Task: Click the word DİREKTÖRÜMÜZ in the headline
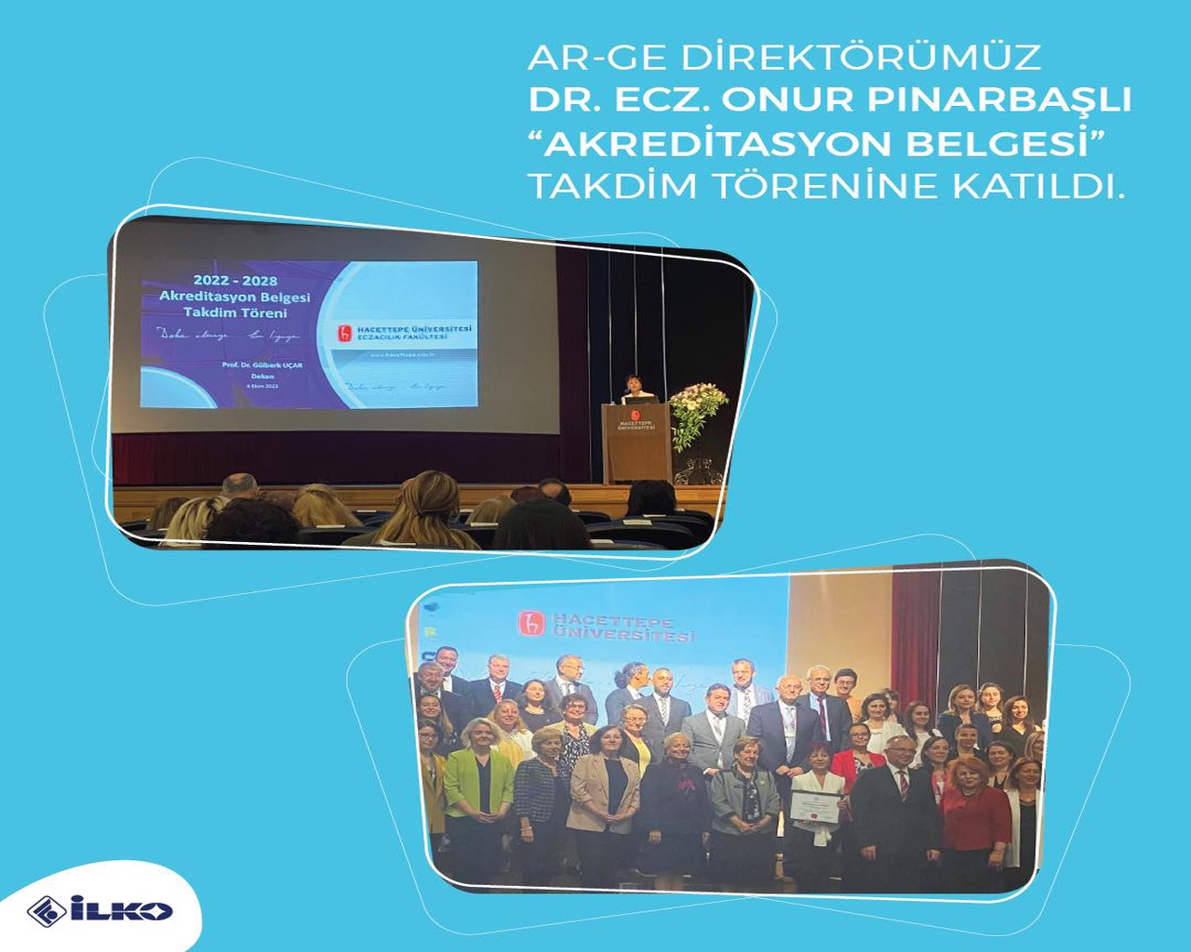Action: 860,58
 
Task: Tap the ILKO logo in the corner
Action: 100,910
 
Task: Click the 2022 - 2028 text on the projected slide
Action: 234,280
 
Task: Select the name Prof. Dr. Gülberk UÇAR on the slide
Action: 261,365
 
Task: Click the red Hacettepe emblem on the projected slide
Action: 345,333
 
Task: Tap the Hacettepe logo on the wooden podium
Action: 636,419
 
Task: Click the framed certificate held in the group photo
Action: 815,806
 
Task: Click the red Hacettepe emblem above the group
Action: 531,624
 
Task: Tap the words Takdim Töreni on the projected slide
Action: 234,312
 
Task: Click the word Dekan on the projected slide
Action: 261,377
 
